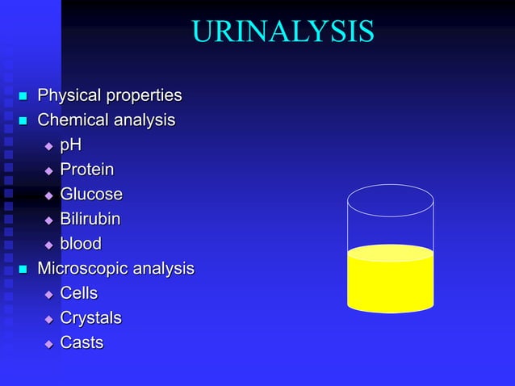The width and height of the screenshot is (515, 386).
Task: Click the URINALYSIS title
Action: (x=283, y=31)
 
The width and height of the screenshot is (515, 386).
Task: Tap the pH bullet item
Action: (x=71, y=145)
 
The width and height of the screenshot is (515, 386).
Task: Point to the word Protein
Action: (x=87, y=170)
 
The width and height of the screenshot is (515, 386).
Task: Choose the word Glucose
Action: (x=91, y=195)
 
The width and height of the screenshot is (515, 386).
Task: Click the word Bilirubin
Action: (x=90, y=219)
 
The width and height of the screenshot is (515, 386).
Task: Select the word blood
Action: (x=81, y=244)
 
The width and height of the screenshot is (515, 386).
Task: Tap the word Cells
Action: (x=79, y=293)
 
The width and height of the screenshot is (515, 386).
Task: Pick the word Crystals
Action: (x=90, y=318)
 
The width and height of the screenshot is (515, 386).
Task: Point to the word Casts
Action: (x=82, y=342)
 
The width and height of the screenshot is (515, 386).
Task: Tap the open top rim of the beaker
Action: (x=390, y=200)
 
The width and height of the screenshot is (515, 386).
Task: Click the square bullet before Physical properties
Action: (x=23, y=97)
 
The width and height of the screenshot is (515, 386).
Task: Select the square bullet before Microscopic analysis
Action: (x=23, y=269)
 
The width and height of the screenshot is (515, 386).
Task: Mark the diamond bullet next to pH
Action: (x=48, y=147)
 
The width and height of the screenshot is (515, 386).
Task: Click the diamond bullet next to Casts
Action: (x=48, y=344)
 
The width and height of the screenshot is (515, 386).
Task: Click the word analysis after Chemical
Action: (x=145, y=120)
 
